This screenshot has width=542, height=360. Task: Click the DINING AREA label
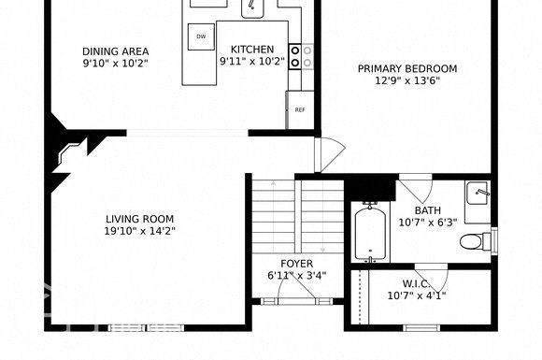pyautogui.click(x=115, y=51)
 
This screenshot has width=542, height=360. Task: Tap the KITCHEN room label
pyautogui.click(x=247, y=50)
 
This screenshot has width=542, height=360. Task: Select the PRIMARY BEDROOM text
pyautogui.click(x=407, y=68)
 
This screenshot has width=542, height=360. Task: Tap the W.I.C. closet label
pyautogui.click(x=416, y=283)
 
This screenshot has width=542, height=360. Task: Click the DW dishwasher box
pyautogui.click(x=200, y=37)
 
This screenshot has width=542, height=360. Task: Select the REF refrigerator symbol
pyautogui.click(x=300, y=109)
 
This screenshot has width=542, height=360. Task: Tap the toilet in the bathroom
pyautogui.click(x=475, y=242)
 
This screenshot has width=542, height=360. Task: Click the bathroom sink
pyautogui.click(x=478, y=193)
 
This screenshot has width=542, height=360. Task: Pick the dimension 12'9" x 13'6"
pyautogui.click(x=407, y=80)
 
